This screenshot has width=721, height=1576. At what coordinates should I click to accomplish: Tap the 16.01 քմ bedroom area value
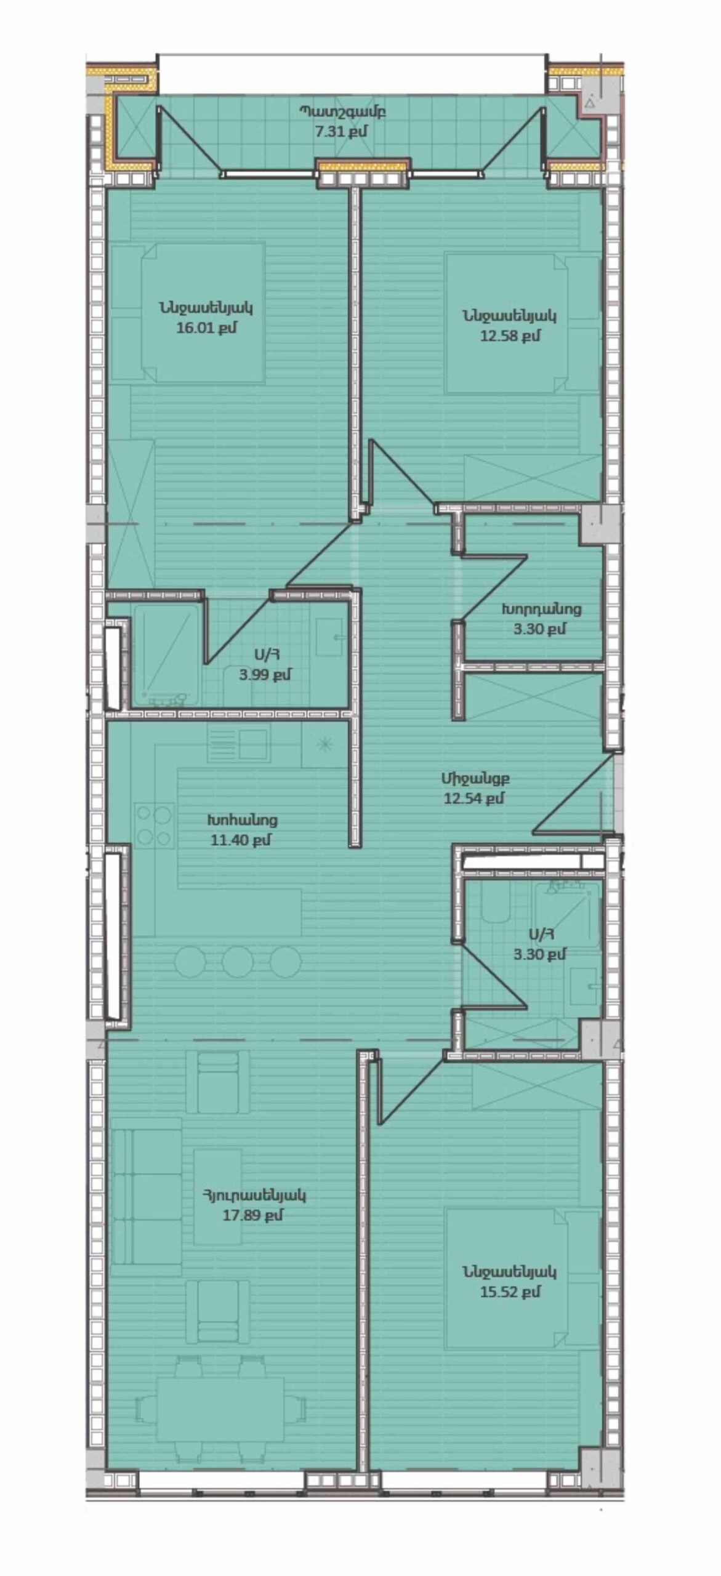pyautogui.click(x=206, y=328)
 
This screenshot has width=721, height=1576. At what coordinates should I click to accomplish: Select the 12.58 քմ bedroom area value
pyautogui.click(x=510, y=336)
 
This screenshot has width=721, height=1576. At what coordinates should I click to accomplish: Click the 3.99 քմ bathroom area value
pyautogui.click(x=265, y=674)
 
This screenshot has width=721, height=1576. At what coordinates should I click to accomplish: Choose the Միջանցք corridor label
pyautogui.click(x=475, y=778)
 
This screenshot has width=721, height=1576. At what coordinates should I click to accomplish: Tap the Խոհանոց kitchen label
pyautogui.click(x=242, y=820)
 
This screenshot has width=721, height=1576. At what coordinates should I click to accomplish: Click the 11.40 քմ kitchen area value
pyautogui.click(x=241, y=840)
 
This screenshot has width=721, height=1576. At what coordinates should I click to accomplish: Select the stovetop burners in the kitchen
pyautogui.click(x=154, y=825)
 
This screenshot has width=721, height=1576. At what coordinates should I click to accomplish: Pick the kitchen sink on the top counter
pyautogui.click(x=254, y=744)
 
